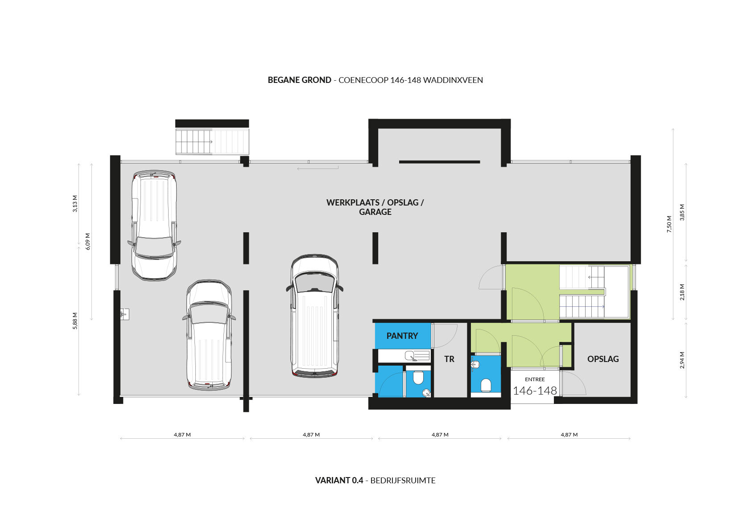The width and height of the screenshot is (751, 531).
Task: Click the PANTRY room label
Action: click(402, 336)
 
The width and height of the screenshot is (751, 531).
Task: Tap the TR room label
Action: click(449, 359)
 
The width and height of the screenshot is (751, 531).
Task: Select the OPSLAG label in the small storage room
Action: click(603, 359)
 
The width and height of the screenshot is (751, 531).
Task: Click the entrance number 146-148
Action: click(535, 391)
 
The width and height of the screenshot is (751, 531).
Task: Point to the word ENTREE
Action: click(535, 379)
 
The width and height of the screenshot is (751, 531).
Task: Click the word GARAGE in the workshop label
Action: click(375, 212)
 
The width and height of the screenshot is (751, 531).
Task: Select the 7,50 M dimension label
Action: click(669, 224)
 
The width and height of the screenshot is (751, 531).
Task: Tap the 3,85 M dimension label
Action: click(682, 212)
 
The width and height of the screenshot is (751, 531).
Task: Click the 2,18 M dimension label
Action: click(682, 292)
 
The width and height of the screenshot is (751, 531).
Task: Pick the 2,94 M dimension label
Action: click(682, 360)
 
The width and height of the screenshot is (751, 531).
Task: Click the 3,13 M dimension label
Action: click(75, 203)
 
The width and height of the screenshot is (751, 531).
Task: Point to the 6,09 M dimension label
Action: click(88, 241)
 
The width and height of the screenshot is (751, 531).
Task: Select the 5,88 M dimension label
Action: click(75, 321)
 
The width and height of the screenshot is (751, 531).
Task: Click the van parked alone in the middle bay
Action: click(314, 316)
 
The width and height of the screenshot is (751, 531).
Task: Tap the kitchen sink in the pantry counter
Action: click(412, 356)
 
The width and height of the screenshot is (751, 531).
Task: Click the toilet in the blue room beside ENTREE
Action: click(486, 385)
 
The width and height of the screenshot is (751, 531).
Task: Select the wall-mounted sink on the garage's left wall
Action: click(124, 314)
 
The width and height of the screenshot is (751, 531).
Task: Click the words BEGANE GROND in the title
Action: click(299, 80)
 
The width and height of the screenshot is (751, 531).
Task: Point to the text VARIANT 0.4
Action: click(339, 480)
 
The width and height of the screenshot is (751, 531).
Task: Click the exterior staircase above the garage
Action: click(212, 141)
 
